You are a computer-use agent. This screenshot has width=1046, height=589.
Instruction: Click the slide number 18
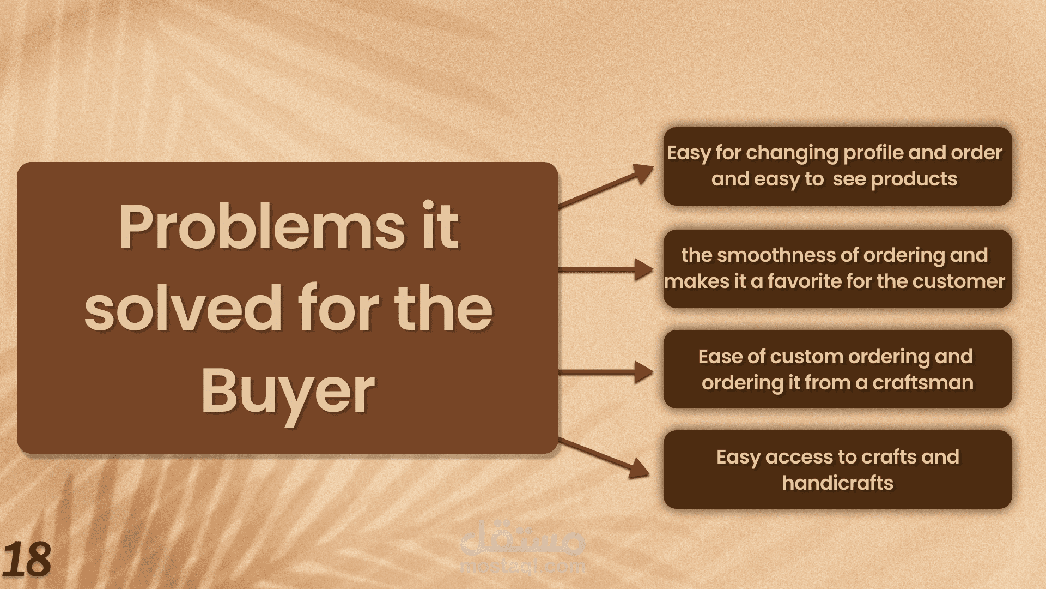pyautogui.click(x=27, y=559)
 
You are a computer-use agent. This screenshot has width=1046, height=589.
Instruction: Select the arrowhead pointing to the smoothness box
pyautogui.click(x=644, y=269)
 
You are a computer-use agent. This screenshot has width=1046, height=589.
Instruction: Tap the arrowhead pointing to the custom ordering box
pyautogui.click(x=644, y=372)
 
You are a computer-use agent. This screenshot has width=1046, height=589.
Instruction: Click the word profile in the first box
pyautogui.click(x=873, y=153)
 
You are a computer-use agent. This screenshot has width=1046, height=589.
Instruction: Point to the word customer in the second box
pyautogui.click(x=959, y=281)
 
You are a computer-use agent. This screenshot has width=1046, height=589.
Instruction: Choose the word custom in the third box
pyautogui.click(x=806, y=357)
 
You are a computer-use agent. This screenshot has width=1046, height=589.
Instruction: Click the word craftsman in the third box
pyautogui.click(x=923, y=382)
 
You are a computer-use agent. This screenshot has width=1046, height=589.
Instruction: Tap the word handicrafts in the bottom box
pyautogui.click(x=838, y=483)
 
